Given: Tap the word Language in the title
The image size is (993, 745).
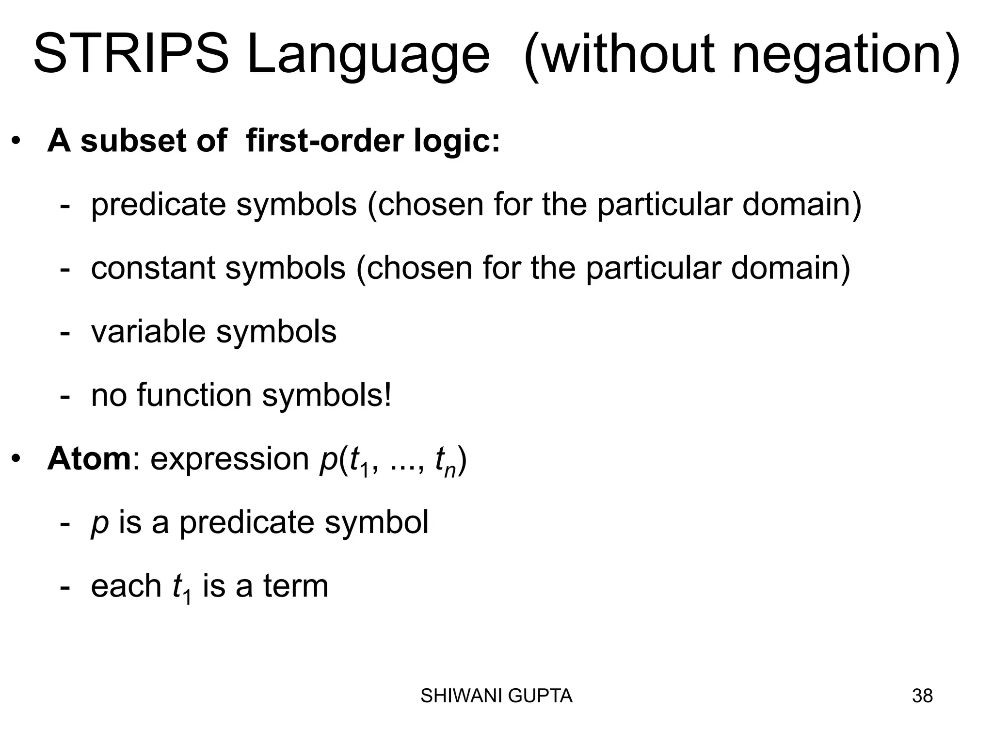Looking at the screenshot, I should [368, 57].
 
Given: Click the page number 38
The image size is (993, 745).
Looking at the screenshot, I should [922, 696].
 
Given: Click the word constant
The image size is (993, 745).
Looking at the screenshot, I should [153, 268].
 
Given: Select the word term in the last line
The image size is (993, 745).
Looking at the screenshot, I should [296, 586].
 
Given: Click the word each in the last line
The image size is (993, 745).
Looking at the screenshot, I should [126, 586].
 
